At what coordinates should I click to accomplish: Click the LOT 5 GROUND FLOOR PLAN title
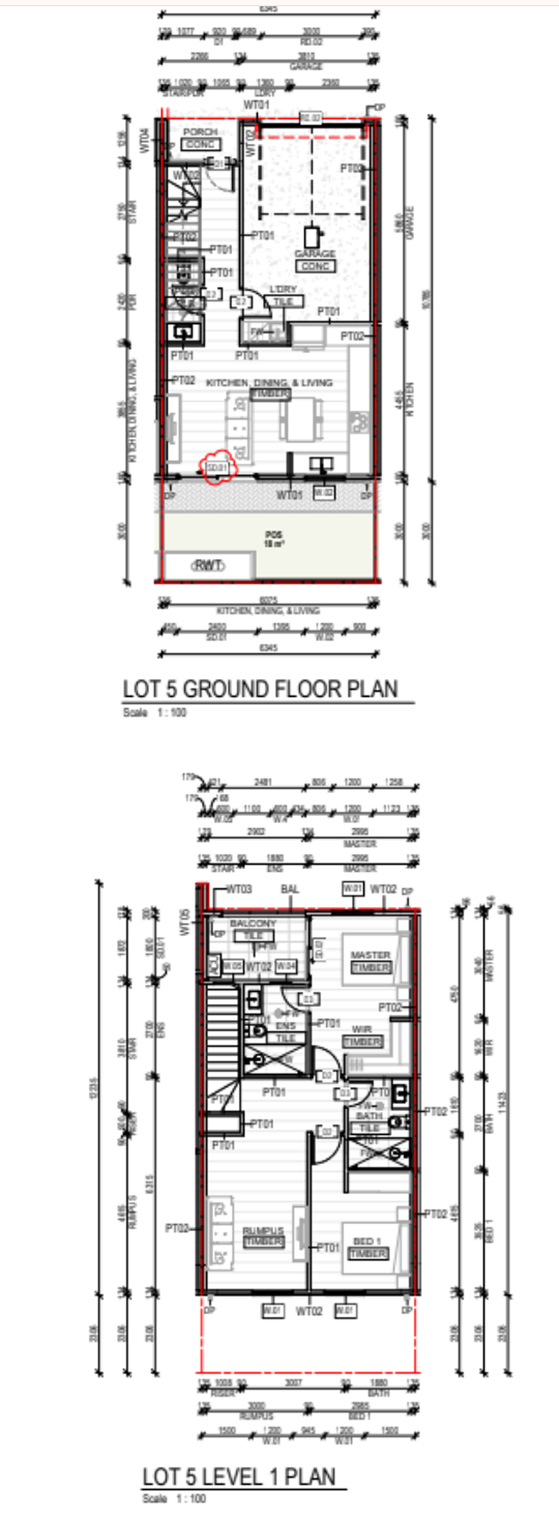(260, 689)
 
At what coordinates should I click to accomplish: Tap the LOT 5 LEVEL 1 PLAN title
(239, 1477)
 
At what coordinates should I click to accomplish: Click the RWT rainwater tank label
(208, 565)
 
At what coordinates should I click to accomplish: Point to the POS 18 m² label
(274, 538)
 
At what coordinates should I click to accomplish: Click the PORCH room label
(200, 132)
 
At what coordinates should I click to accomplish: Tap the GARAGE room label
(315, 254)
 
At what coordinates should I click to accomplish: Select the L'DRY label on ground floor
(283, 289)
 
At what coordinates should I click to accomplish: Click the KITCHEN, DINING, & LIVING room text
(269, 383)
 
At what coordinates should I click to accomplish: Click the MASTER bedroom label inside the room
(370, 955)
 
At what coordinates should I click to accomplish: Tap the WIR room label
(362, 1029)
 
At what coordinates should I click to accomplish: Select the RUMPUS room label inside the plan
(263, 1231)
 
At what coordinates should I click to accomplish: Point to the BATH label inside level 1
(369, 1116)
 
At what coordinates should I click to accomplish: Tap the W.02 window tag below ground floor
(323, 492)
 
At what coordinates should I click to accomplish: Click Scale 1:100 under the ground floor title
(154, 712)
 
